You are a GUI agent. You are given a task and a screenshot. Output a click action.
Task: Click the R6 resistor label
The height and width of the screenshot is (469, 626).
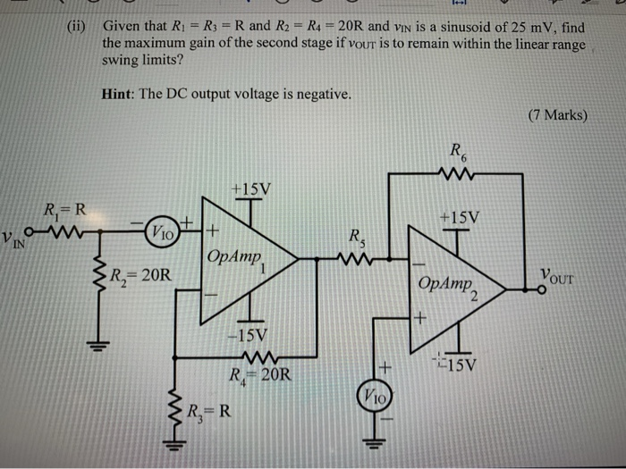pos(459,153)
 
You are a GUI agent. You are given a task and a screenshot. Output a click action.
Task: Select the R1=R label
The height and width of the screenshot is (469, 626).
pos(65,212)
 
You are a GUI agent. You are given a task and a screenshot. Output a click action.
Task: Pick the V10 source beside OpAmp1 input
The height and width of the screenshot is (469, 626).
pos(164,230)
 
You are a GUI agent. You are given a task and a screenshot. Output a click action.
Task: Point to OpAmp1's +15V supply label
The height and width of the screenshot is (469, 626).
pos(250,188)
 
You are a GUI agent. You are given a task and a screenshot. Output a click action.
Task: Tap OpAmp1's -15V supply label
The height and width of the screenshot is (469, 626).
pos(250,338)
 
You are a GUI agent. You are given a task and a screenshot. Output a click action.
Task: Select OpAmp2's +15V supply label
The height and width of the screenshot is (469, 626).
pos(459,216)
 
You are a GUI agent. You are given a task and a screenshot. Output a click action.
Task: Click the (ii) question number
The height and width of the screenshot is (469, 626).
pos(80,27)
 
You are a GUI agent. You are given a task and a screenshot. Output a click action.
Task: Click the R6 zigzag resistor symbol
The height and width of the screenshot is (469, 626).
pos(458,174)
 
